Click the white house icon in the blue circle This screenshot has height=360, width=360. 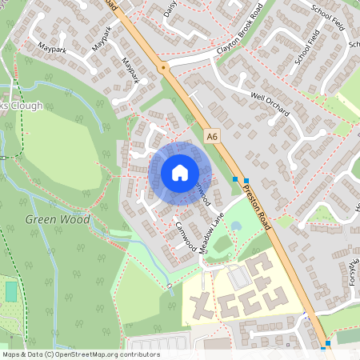[x=180, y=172]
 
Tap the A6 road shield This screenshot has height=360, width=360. [x=211, y=137]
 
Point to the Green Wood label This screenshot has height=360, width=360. [x=58, y=218]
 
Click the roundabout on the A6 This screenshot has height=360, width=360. [x=164, y=68]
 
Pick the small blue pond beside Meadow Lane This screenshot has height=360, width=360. [x=236, y=226]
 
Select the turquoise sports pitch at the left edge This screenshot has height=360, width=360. [x=11, y=291]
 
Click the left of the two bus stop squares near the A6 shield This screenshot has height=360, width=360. [x=235, y=180]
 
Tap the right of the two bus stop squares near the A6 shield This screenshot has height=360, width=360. [x=246, y=180]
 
